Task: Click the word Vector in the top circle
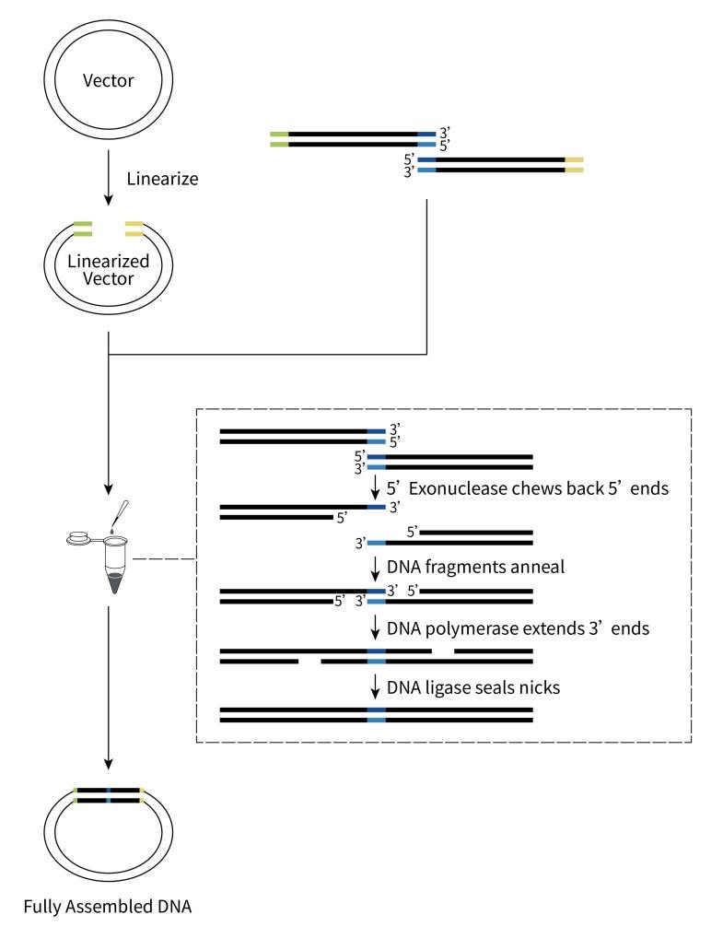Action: (x=109, y=81)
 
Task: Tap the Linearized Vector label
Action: (x=109, y=272)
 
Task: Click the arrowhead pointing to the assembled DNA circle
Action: (x=109, y=761)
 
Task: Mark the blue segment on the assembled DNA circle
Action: (x=109, y=795)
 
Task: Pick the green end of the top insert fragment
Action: (x=279, y=139)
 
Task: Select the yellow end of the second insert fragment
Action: (x=574, y=165)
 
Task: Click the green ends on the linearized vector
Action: (x=82, y=229)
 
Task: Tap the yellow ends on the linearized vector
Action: (x=134, y=229)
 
